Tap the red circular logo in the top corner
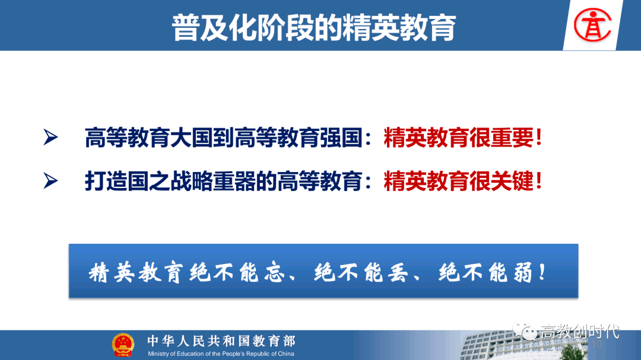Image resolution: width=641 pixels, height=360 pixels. tap(592, 26)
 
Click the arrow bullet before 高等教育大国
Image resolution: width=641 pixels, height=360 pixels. tap(50, 138)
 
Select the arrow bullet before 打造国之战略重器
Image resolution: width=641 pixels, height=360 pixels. tap(50, 181)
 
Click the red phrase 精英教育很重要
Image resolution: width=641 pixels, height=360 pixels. tap(458, 138)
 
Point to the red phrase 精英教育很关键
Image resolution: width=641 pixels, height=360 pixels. tap(458, 181)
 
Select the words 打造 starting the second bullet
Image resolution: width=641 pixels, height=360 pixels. tap(106, 181)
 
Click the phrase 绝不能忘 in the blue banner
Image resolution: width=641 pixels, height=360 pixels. tap(237, 273)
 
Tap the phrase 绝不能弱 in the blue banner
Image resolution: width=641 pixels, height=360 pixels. tap(485, 273)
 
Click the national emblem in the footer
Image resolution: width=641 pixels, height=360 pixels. tap(123, 345)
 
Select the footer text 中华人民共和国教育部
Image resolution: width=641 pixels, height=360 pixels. tap(221, 341)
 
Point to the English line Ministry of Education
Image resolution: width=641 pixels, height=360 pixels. tap(221, 354)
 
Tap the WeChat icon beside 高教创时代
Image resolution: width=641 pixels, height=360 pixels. tap(525, 330)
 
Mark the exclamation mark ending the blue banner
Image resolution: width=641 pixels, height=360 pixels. tap(542, 272)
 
